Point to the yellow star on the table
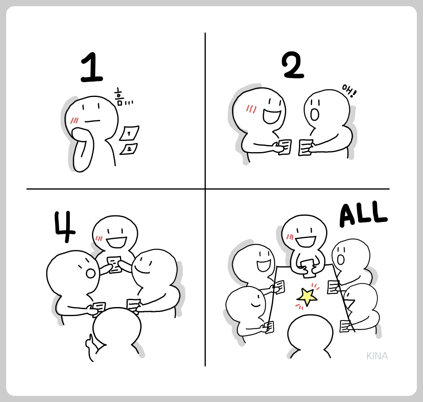click(x=307, y=295)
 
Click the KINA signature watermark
click(x=377, y=356)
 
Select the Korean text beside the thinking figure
click(x=122, y=97)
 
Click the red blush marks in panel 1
click(x=74, y=120)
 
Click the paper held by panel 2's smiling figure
click(x=285, y=147)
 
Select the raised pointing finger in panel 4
click(x=88, y=342)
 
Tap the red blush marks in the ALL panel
click(x=290, y=236)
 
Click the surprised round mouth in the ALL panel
click(x=340, y=259)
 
